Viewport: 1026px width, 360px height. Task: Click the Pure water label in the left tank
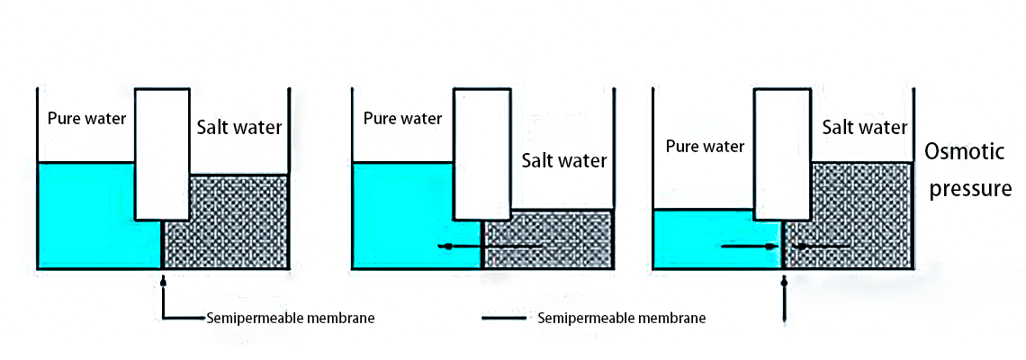pos(87,119)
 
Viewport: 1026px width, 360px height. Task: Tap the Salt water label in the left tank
pos(239,127)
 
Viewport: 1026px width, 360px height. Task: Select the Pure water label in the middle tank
pos(402,118)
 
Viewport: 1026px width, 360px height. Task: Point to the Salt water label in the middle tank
pos(564,161)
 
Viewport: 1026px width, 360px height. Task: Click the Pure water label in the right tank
pos(706,146)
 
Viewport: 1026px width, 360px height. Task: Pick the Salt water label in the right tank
pos(865,127)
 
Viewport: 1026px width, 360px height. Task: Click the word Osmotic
pos(965,152)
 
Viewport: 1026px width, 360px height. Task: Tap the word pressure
pos(970,189)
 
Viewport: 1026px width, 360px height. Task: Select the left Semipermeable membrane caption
pos(291,318)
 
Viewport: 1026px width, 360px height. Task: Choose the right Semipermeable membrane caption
pos(621,318)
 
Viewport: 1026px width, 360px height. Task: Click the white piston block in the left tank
pos(162,153)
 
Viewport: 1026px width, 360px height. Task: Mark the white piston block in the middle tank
pos(482,153)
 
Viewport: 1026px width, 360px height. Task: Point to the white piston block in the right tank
pos(782,153)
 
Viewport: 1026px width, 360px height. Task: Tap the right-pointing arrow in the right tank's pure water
pos(751,246)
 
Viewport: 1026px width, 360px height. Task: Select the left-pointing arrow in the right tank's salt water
pos(819,246)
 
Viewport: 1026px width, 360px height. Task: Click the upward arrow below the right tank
pos(785,297)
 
